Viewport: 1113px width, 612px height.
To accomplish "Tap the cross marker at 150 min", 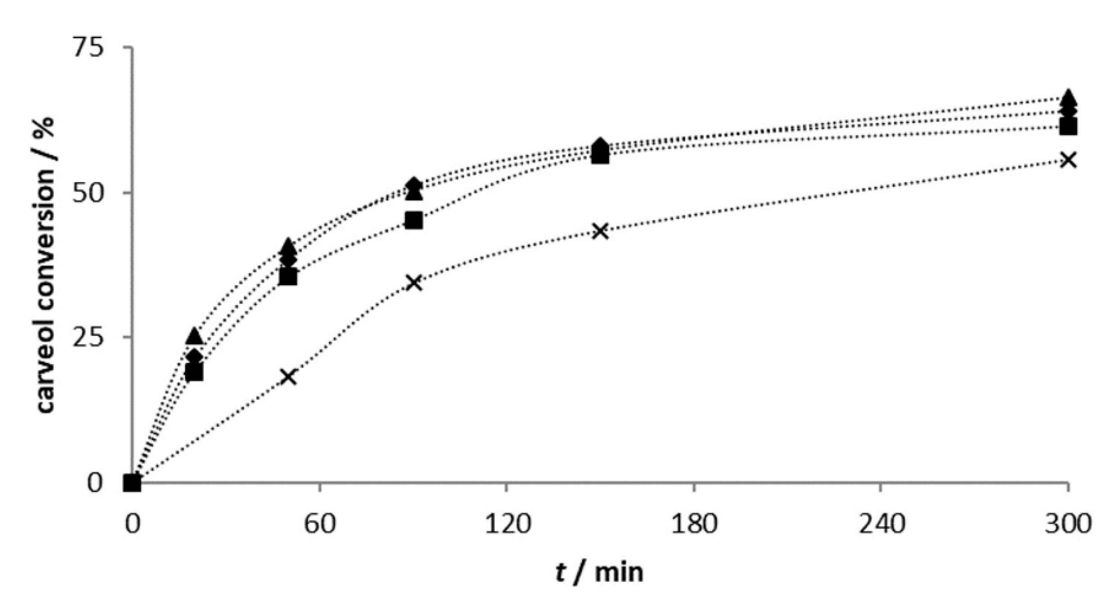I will tap(600, 231).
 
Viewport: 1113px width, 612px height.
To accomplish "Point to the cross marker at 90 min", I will tap(413, 283).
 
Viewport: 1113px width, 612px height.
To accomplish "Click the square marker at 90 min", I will tap(413, 221).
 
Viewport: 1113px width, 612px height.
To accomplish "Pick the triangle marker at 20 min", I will tap(194, 336).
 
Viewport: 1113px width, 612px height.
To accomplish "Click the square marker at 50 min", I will tap(288, 277).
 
